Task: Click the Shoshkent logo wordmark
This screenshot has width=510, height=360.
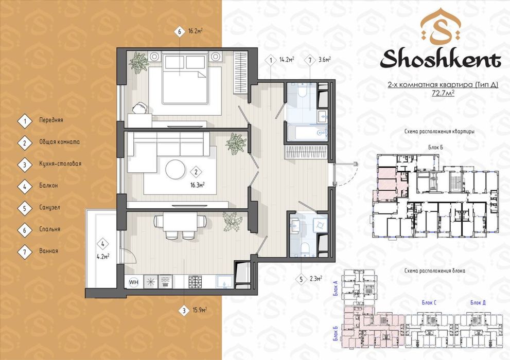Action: pyautogui.click(x=440, y=59)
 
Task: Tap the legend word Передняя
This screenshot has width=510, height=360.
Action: pyautogui.click(x=51, y=120)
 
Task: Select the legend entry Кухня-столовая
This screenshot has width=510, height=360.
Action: pyautogui.click(x=60, y=164)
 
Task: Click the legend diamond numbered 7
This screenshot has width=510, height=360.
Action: pyautogui.click(x=25, y=251)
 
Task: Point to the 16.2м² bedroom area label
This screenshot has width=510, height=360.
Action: pyautogui.click(x=196, y=31)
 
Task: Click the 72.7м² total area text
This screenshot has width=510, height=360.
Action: pyautogui.click(x=443, y=93)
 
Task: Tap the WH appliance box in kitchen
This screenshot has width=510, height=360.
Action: pyautogui.click(x=133, y=282)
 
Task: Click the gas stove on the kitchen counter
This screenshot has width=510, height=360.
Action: pyautogui.click(x=195, y=281)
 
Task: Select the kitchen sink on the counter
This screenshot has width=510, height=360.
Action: pyautogui.click(x=224, y=281)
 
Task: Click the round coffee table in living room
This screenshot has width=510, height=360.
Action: pyautogui.click(x=175, y=169)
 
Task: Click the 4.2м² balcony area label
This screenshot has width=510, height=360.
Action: pyautogui.click(x=103, y=256)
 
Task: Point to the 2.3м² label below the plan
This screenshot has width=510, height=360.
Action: pyautogui.click(x=315, y=278)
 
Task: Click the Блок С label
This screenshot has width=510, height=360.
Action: pyautogui.click(x=429, y=303)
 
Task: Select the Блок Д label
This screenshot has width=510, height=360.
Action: pyautogui.click(x=478, y=303)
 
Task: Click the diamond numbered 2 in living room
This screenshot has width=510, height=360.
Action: pyautogui.click(x=196, y=172)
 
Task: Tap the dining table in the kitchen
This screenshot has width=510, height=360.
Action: pyautogui.click(x=180, y=222)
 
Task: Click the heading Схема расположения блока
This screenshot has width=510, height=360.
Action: pyautogui.click(x=434, y=271)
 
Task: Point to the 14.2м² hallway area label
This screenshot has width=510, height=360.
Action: pyautogui.click(x=287, y=60)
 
